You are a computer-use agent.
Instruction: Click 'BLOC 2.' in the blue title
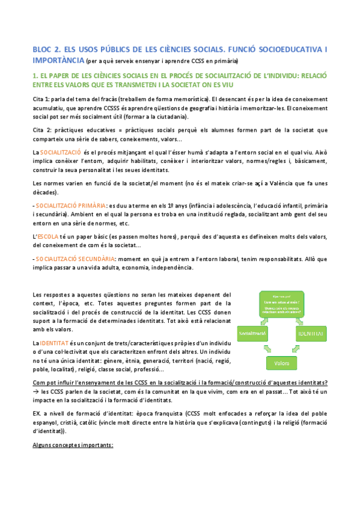pyautogui.click(x=45, y=50)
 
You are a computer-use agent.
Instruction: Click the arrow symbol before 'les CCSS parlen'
pyautogui.click(x=35, y=392)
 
